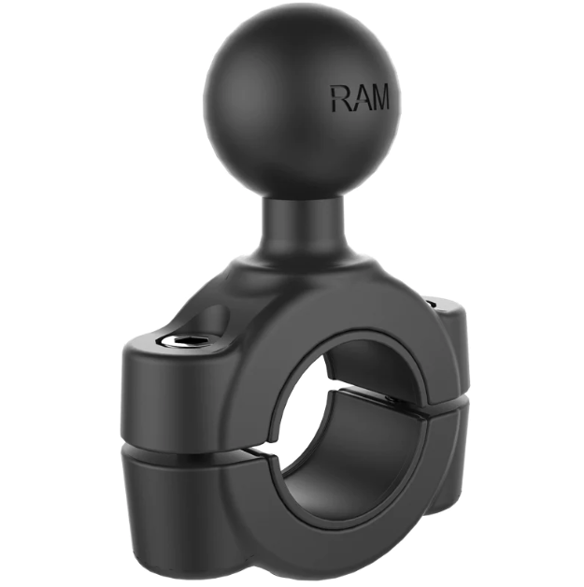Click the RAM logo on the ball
pyautogui.click(x=360, y=98)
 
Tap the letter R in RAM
pyautogui.click(x=340, y=98)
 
